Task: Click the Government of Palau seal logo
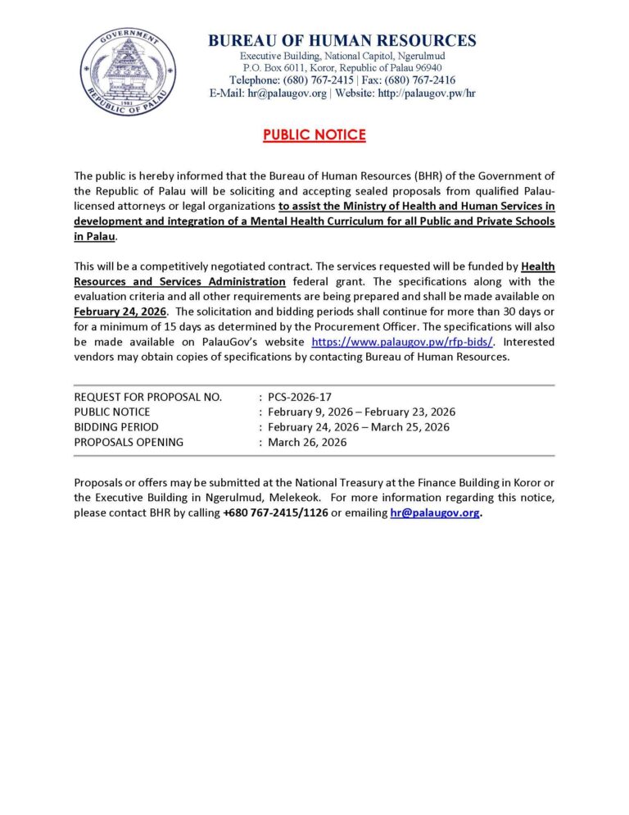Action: (117, 71)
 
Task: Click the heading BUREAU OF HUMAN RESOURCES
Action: (342, 40)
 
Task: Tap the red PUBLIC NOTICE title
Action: (314, 135)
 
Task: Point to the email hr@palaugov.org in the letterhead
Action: (287, 93)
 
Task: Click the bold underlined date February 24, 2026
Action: (120, 312)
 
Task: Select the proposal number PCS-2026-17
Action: (299, 397)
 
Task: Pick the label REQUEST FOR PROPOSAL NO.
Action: (148, 397)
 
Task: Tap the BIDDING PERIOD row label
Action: (116, 427)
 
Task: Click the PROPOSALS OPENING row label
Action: (129, 442)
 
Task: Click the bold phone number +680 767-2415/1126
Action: (274, 513)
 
